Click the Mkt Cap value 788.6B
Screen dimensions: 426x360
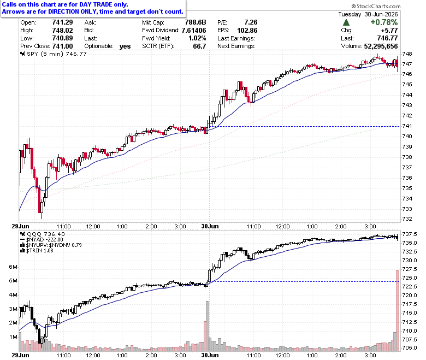[196, 22]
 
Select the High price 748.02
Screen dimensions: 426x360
[62, 30]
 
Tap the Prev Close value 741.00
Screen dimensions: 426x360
[62, 46]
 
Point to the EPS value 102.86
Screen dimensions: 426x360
[247, 31]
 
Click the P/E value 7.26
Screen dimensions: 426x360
[251, 22]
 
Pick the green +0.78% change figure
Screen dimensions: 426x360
[384, 22]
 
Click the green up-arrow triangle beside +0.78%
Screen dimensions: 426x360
[346, 22]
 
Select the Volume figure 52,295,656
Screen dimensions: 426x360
[381, 46]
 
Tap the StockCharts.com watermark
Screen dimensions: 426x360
[376, 6]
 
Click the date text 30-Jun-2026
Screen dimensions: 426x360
[381, 14]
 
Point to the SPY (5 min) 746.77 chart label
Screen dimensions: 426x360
[54, 54]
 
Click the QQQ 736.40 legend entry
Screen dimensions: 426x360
[43, 234]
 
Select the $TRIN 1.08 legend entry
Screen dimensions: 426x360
[37, 250]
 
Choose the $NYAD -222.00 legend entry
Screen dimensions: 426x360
[42, 239]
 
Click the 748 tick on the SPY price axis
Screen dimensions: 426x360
[407, 54]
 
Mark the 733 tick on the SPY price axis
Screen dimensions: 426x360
[407, 209]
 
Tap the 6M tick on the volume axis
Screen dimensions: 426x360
[13, 267]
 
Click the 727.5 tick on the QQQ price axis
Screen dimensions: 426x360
[410, 269]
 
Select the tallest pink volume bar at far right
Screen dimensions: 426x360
[397, 310]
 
